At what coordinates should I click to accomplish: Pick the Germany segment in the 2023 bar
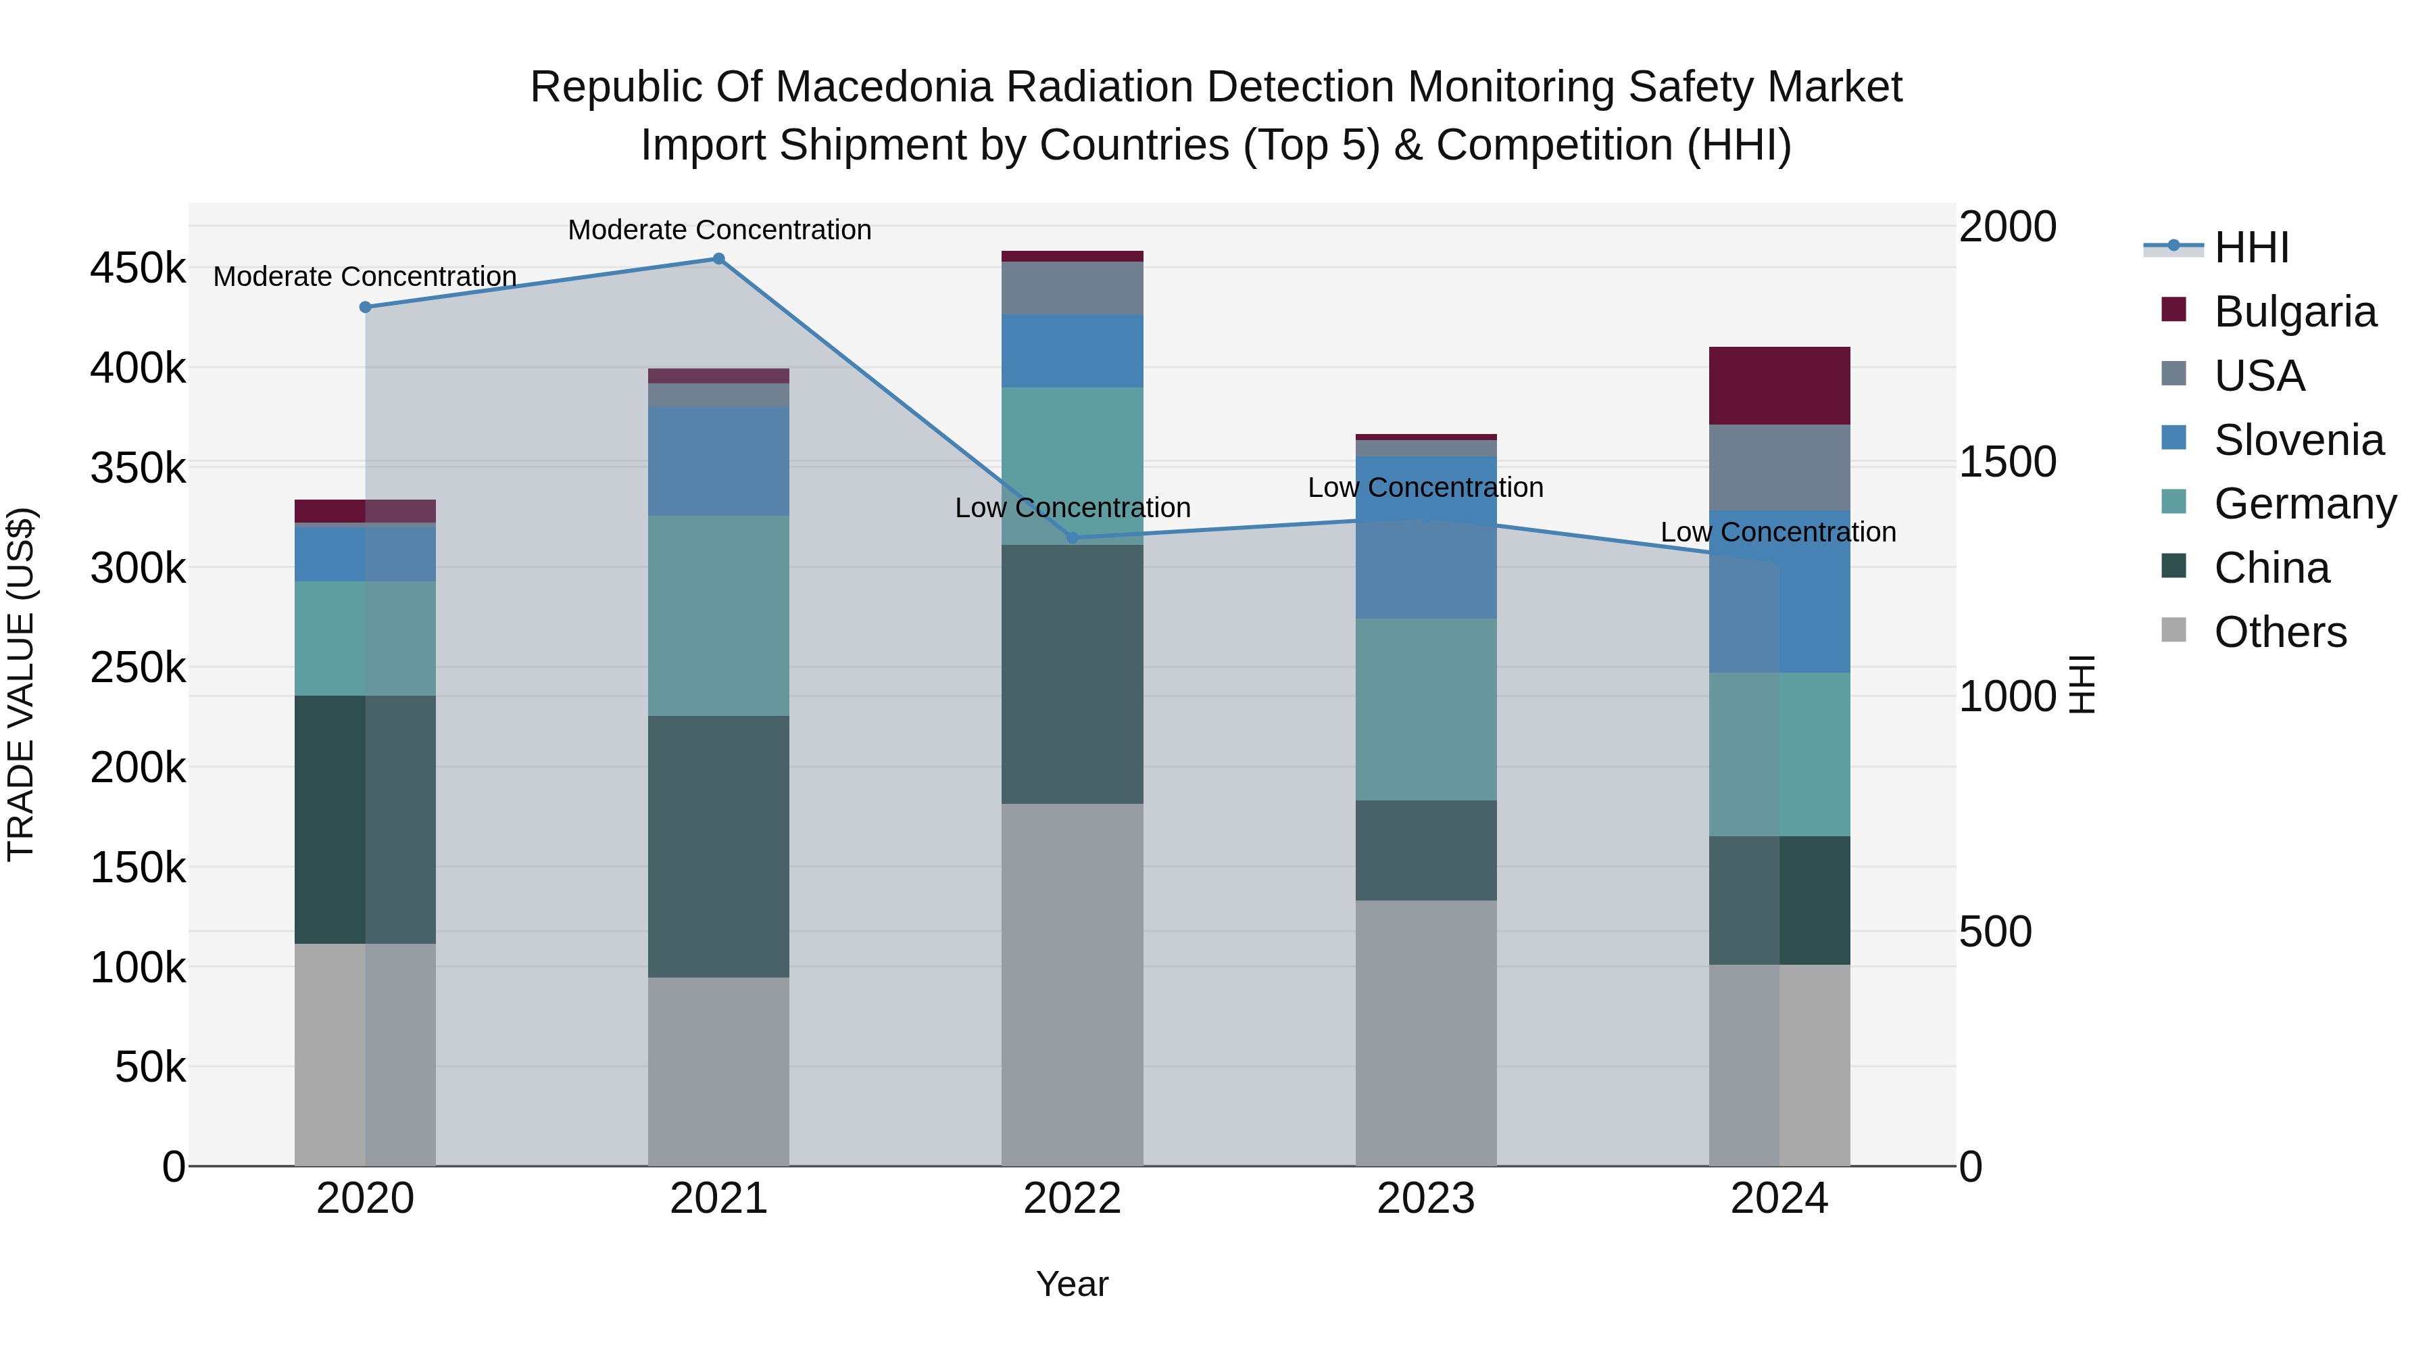[x=1425, y=710]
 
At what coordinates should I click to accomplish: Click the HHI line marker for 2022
[x=1072, y=537]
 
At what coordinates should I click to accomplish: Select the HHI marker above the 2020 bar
[x=366, y=307]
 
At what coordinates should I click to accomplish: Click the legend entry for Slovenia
[x=2298, y=440]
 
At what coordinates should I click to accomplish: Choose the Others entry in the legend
[x=2279, y=632]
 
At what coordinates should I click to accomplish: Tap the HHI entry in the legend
[x=2251, y=247]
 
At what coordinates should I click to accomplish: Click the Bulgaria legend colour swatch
[x=2173, y=310]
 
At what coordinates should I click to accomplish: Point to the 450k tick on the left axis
[x=138, y=268]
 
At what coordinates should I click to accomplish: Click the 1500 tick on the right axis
[x=2007, y=462]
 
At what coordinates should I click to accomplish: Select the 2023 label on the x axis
[x=1425, y=1199]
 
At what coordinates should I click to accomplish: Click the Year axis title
[x=1072, y=1284]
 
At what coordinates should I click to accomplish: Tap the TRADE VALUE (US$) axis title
[x=21, y=684]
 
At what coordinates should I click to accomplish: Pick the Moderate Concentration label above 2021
[x=719, y=230]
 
